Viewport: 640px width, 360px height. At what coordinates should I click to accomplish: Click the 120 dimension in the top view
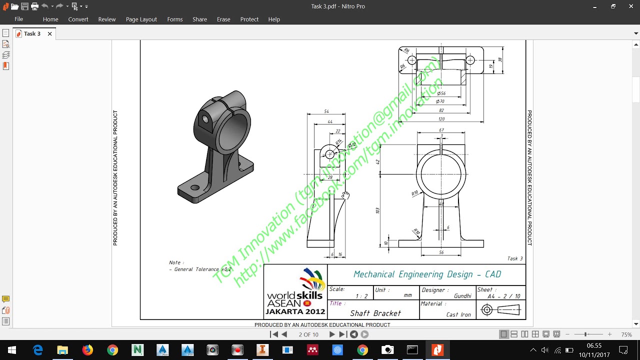[441, 119]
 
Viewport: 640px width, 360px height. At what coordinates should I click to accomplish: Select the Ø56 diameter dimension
[441, 93]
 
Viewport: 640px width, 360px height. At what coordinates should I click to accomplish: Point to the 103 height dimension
[377, 210]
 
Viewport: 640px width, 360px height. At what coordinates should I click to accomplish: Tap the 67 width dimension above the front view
[441, 130]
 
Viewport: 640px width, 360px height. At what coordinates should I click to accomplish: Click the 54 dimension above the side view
[326, 111]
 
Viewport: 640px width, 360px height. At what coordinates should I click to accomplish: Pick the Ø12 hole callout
[351, 145]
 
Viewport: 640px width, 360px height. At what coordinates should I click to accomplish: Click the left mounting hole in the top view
[411, 60]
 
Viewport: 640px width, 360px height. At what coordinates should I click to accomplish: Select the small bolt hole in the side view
[329, 154]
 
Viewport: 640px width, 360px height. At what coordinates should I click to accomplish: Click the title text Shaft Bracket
[375, 313]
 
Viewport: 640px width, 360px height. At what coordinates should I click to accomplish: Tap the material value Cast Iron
[458, 314]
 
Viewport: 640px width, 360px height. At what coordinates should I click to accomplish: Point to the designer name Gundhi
[462, 295]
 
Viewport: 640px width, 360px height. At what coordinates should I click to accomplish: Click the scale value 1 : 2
[361, 295]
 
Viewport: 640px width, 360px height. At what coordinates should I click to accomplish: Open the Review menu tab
[107, 19]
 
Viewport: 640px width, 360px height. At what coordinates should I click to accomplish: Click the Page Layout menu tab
[141, 19]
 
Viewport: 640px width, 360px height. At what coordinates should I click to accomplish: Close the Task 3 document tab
[49, 33]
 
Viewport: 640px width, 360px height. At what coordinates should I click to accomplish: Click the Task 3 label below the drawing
[515, 258]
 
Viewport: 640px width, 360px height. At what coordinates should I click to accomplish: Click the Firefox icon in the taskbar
[87, 349]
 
